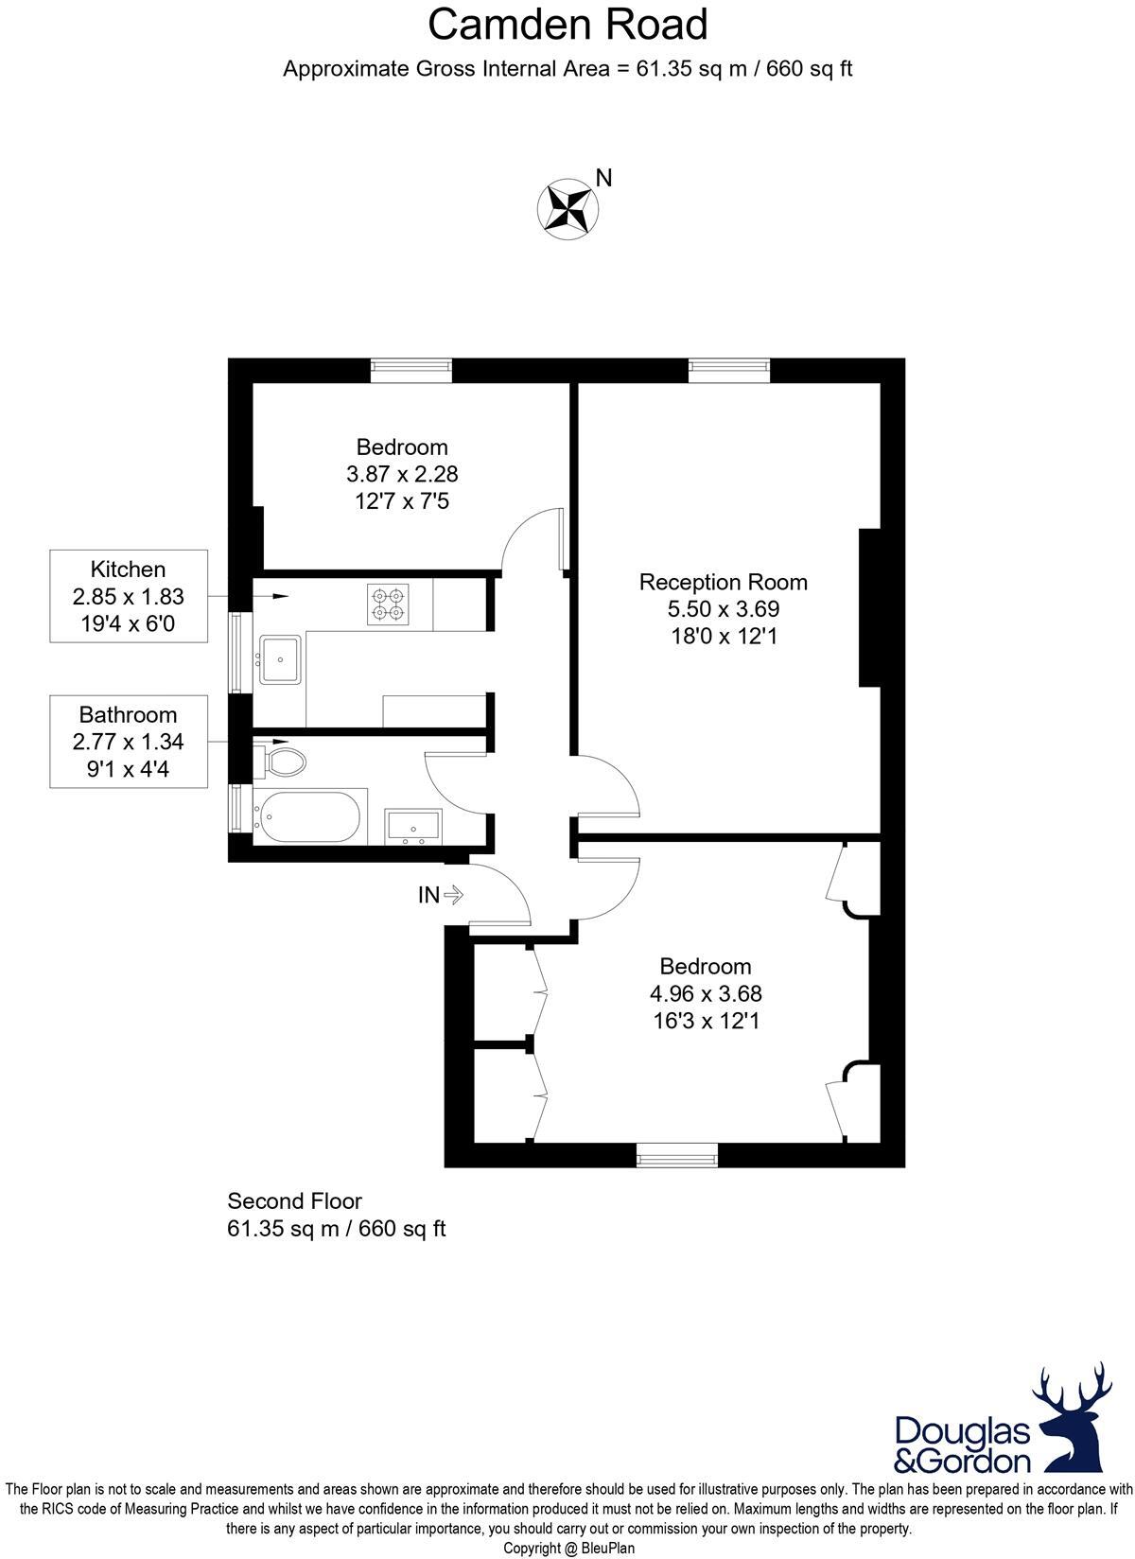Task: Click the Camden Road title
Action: click(567, 25)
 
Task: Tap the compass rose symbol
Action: click(567, 205)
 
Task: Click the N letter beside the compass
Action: click(604, 178)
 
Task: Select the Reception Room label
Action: click(724, 582)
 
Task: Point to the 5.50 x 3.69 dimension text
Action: click(724, 609)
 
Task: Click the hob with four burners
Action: click(389, 604)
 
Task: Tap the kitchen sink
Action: click(281, 658)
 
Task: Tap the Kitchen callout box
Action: click(129, 596)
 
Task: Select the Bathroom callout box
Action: click(129, 742)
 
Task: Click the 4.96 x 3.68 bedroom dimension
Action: click(706, 993)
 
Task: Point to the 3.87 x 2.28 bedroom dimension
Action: click(402, 474)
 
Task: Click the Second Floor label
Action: click(294, 1201)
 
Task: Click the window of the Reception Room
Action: click(728, 370)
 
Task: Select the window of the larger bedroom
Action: click(676, 1154)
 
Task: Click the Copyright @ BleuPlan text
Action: click(568, 1549)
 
